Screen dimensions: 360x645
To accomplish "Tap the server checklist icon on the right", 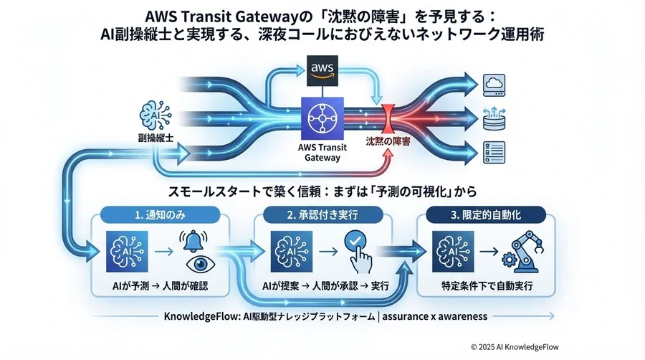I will tap(495, 150).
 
